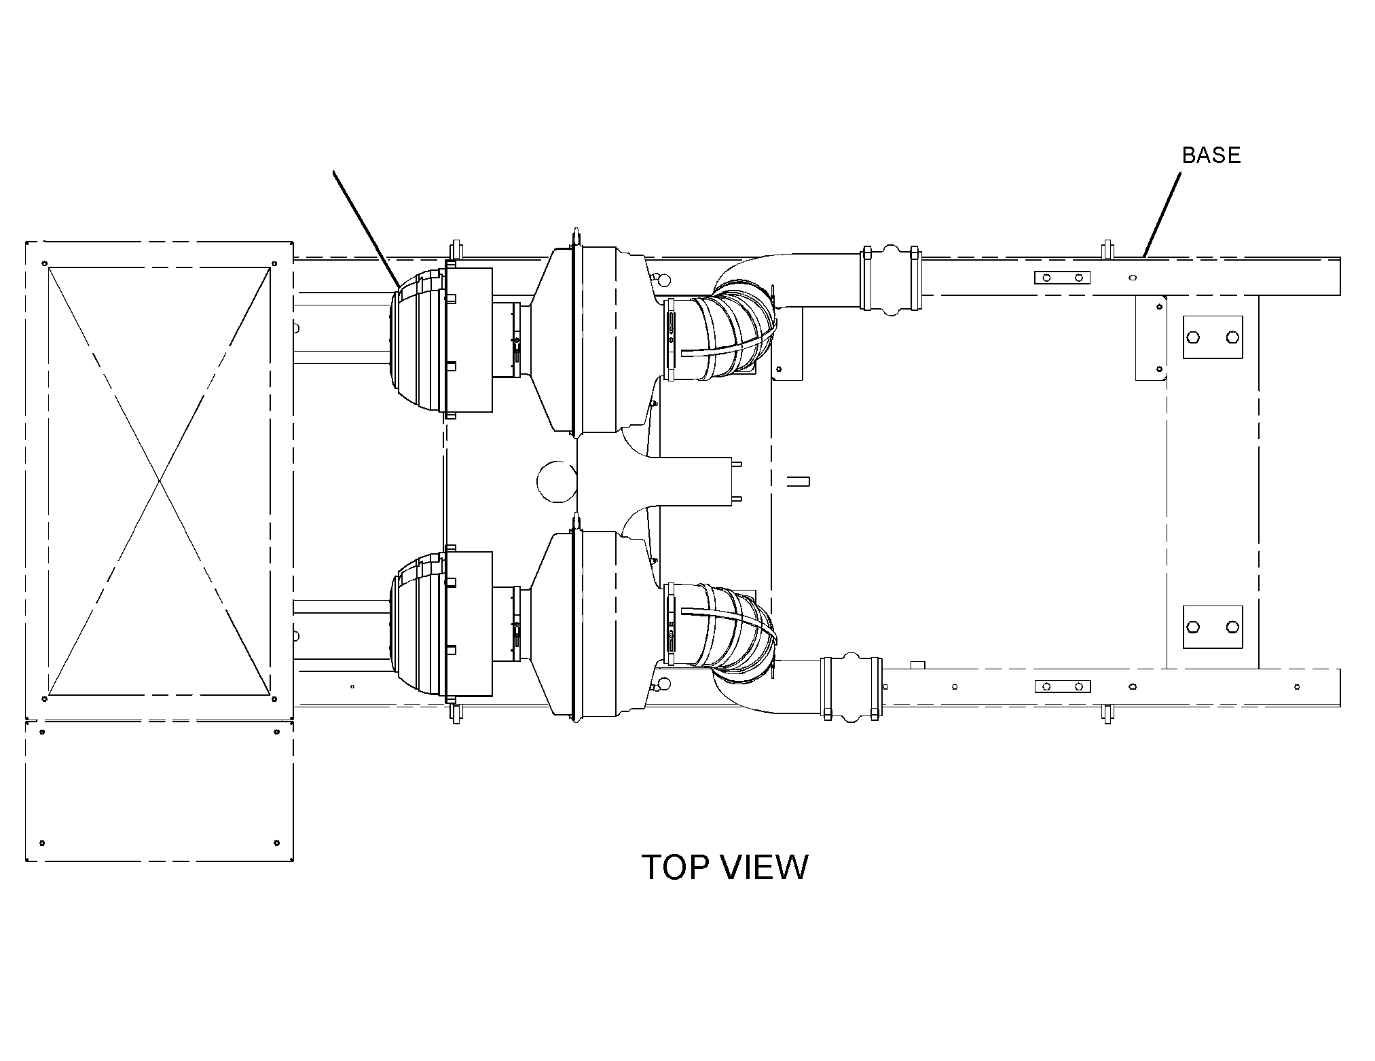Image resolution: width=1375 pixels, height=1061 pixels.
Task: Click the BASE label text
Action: [1211, 155]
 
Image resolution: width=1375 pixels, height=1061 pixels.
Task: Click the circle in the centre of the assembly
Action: [557, 481]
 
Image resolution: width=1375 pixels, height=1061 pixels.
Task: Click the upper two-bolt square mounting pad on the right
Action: [1213, 337]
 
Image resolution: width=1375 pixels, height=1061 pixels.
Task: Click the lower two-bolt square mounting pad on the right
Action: [1213, 627]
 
